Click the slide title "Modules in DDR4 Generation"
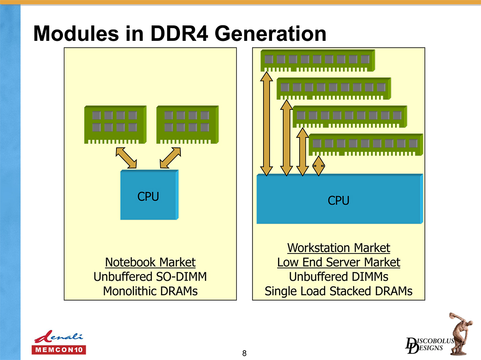tap(180, 33)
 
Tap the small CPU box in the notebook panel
tap(149, 195)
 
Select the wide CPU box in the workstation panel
tap(339, 199)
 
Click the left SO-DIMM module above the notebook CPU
tap(115, 124)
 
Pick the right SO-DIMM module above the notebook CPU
tap(186, 124)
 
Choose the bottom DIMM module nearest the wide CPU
tap(366, 144)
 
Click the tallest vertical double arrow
tap(267, 123)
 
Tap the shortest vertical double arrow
tap(318, 166)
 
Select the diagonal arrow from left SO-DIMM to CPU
tap(126, 158)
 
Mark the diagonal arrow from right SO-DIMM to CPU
tap(170, 158)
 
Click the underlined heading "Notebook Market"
tap(150, 262)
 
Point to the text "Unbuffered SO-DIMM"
tap(150, 276)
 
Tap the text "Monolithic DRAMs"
tap(150, 291)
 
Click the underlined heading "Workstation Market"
tap(339, 247)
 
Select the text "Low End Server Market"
tap(339, 262)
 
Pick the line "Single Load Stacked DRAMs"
tap(339, 291)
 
